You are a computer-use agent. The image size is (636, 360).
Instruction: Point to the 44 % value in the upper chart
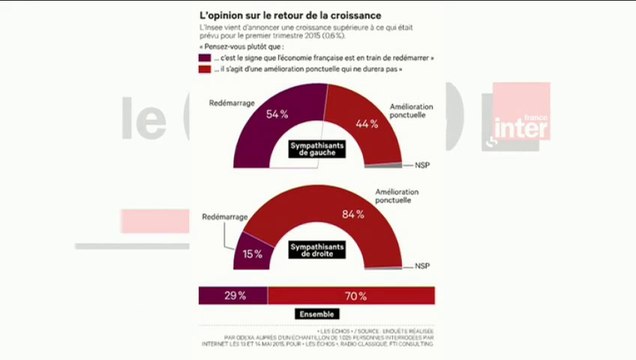(x=366, y=123)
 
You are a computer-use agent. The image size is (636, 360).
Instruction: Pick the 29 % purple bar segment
(x=233, y=295)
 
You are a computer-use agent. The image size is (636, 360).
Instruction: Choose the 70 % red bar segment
(x=352, y=295)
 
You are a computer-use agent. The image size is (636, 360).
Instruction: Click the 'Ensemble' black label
(x=317, y=313)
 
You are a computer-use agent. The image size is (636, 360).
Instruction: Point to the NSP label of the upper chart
(x=422, y=164)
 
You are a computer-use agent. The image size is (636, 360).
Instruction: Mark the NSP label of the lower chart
(x=422, y=266)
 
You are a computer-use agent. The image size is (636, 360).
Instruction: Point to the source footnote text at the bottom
(x=318, y=340)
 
